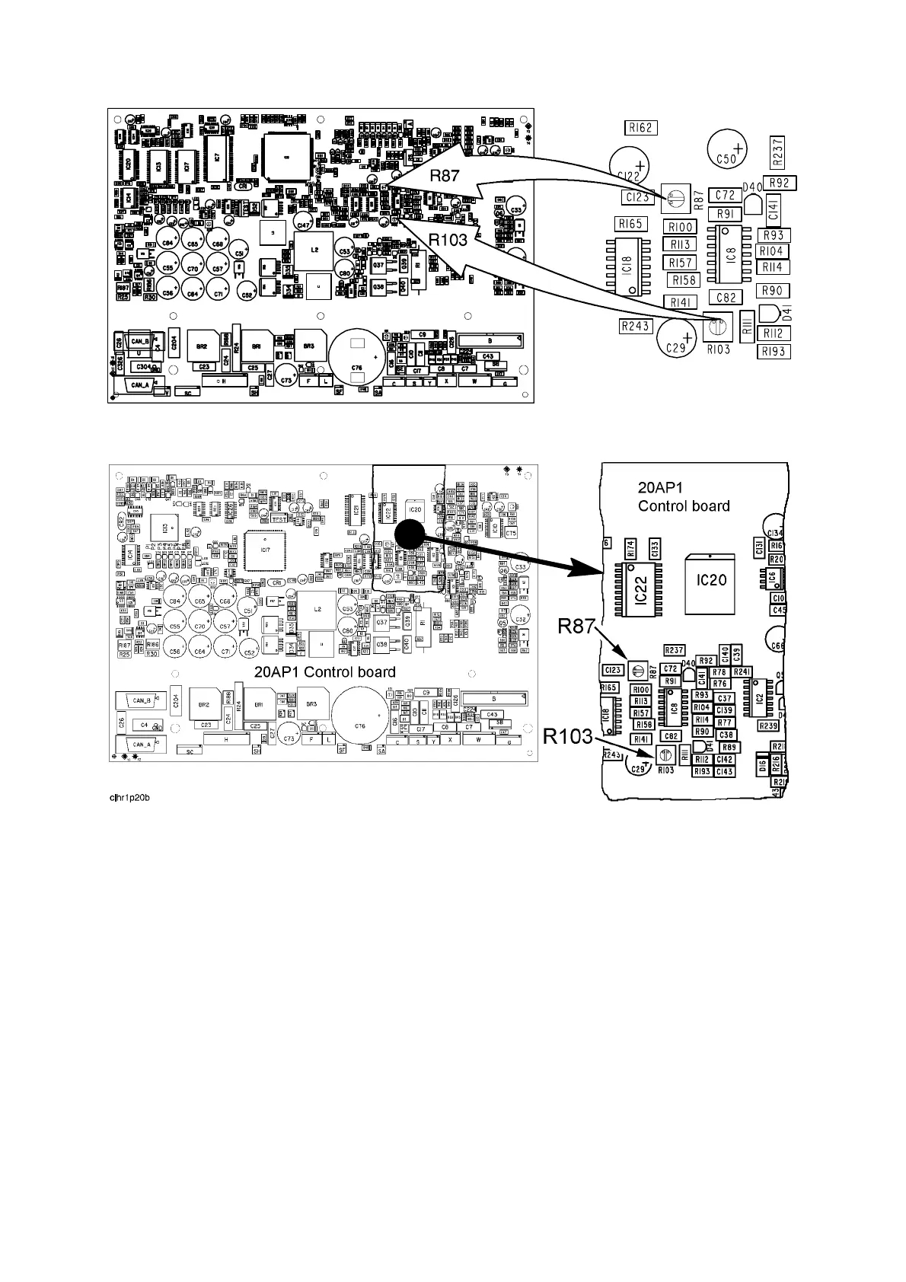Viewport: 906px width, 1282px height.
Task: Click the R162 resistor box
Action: [x=640, y=128]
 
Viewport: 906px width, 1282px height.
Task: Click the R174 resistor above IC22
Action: [x=630, y=547]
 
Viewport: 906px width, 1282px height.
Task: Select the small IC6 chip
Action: [x=774, y=578]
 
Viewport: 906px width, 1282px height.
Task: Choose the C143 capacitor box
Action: [x=724, y=771]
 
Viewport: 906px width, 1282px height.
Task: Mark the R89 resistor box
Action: [x=728, y=748]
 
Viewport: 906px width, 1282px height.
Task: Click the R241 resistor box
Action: [x=742, y=672]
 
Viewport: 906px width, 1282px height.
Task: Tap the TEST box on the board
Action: [x=280, y=518]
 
